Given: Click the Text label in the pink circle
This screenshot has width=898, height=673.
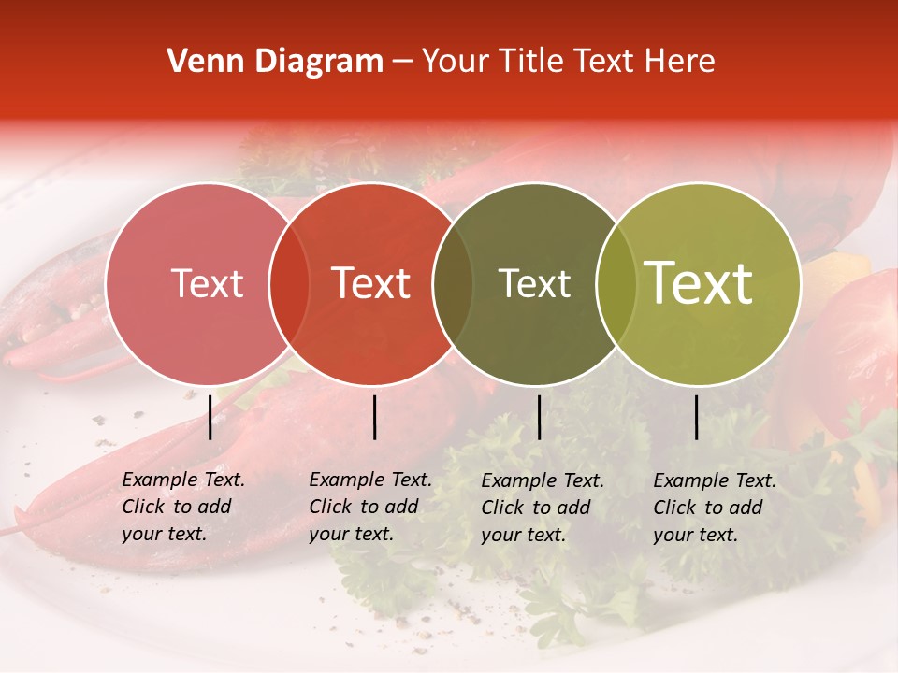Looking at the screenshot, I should point(207,284).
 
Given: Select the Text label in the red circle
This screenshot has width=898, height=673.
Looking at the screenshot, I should point(371,284).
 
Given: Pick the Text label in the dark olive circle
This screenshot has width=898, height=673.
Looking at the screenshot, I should point(534,284).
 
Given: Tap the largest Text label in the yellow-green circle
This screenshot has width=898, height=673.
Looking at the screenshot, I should point(699,284).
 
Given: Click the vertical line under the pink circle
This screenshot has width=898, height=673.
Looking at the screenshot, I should point(210,417).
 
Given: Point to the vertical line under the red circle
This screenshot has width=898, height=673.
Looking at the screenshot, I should point(375,417).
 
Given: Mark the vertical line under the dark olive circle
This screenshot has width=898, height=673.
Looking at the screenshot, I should point(540,417).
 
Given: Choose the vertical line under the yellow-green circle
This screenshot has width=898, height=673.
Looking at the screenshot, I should point(697,417).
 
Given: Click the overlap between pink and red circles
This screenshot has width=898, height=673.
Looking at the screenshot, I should point(289,284).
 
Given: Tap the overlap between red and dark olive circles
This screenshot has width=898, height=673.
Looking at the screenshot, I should point(453,284).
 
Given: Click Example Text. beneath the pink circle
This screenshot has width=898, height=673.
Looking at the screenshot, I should point(183,480).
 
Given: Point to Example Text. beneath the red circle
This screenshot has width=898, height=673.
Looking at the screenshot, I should point(370,480).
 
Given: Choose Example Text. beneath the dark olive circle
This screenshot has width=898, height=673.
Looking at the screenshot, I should point(543,480).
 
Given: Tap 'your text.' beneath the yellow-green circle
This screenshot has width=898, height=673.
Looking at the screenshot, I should point(695,535).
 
